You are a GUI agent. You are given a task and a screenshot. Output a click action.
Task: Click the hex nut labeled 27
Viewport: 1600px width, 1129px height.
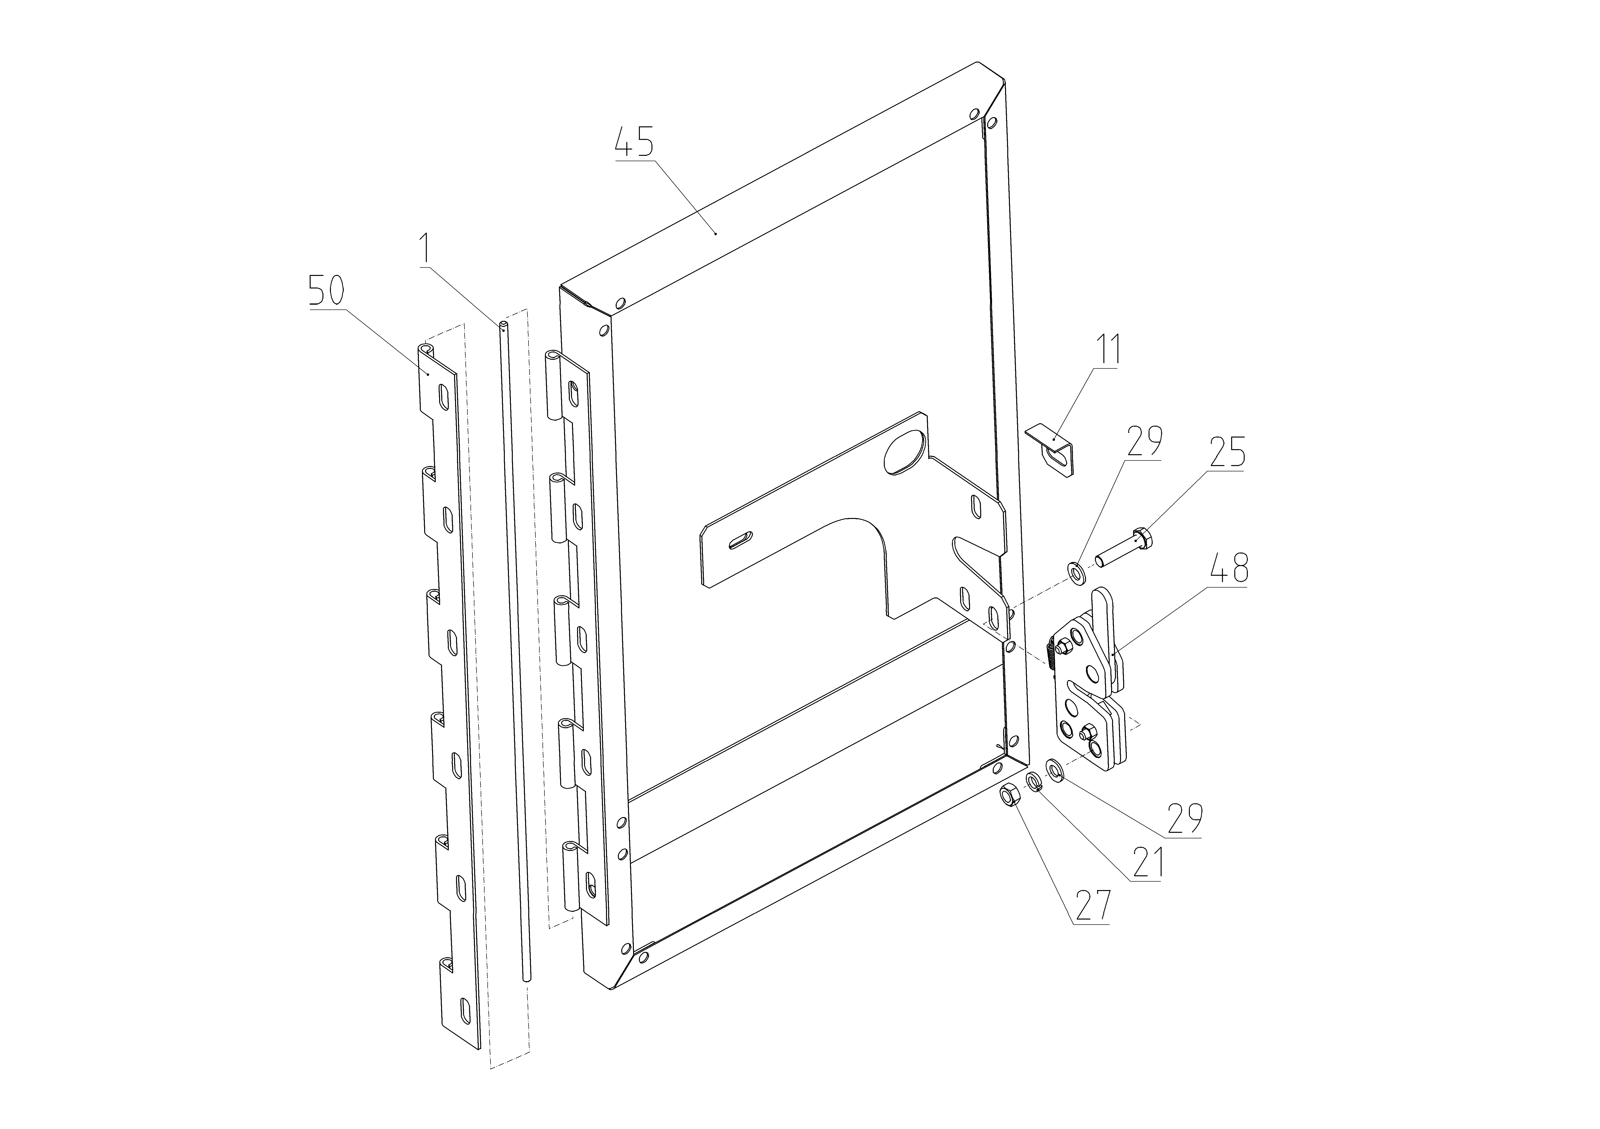click(x=1009, y=794)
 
